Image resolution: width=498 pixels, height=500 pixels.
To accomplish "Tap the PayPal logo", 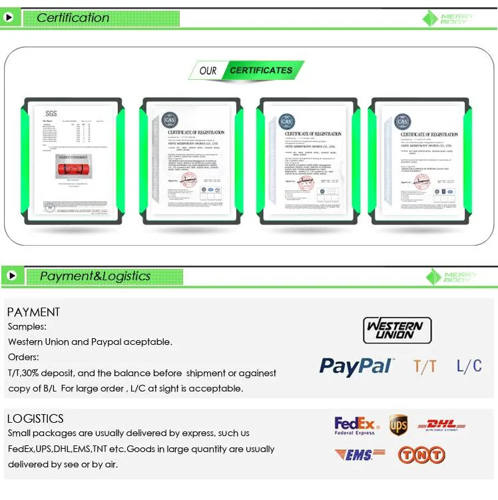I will pos(356,366).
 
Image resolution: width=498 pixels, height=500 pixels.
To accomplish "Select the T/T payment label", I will pos(425,366).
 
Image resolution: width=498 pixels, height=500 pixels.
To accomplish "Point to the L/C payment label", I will pos(469,365).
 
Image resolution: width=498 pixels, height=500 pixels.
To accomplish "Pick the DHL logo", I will pos(441,425).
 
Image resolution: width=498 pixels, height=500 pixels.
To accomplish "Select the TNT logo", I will pos(421,455).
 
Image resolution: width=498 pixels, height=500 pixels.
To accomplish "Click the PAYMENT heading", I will pos(33,312).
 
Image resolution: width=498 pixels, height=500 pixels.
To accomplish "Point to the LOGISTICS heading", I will pos(35,418).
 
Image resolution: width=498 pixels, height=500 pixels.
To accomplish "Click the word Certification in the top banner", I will pos(73,18).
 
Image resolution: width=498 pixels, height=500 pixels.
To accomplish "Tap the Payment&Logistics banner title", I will pos(95,276).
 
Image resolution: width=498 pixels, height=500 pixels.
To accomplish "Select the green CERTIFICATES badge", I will pos(261,70).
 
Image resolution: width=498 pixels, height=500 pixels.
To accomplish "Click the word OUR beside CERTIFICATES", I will pos(208,71).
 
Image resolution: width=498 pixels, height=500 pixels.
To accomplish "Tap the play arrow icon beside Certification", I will pos(9,18).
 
